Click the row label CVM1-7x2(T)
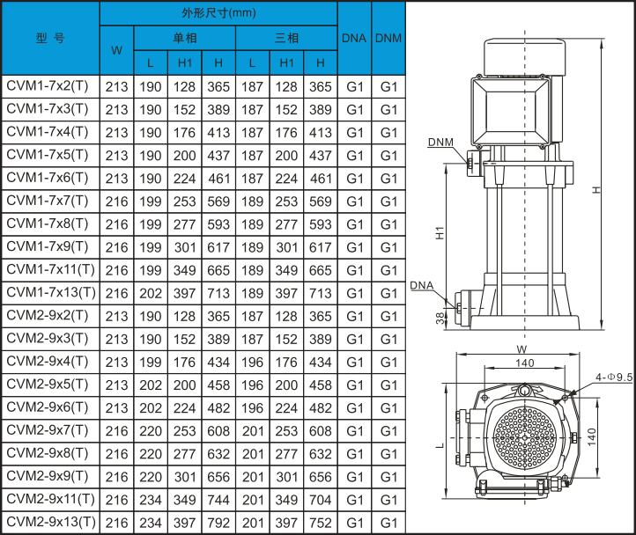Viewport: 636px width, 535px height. (x=48, y=86)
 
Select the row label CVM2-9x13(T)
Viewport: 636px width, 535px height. (x=51, y=522)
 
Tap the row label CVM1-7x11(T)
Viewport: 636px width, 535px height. (x=51, y=269)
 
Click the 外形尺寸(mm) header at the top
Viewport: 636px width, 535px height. (x=218, y=13)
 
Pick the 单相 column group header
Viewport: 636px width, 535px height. (x=185, y=38)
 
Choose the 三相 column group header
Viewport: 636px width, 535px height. (x=287, y=38)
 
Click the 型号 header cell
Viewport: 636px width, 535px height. (x=50, y=39)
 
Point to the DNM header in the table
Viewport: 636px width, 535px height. (x=388, y=38)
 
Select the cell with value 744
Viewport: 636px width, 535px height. (x=218, y=500)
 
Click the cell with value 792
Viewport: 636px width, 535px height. (x=218, y=523)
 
